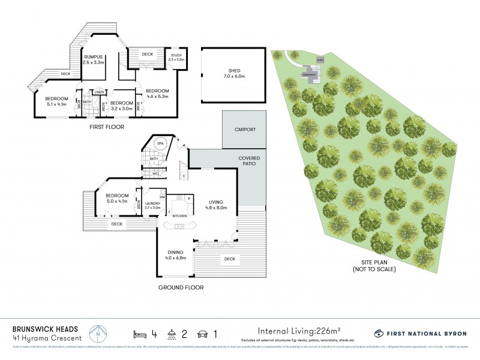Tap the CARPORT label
[245, 129]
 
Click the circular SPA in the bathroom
[160, 145]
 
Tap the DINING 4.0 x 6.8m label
[176, 256]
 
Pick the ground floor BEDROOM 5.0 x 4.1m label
[117, 198]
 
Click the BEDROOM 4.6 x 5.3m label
[157, 94]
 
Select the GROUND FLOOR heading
[181, 287]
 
